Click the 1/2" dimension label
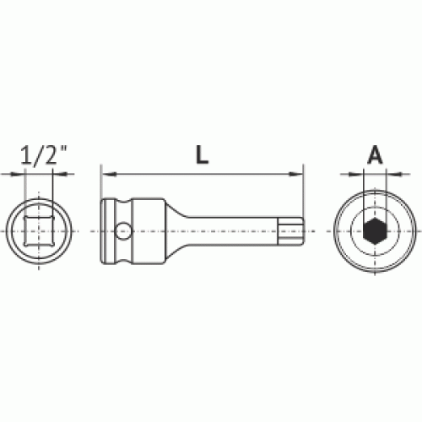click(44, 155)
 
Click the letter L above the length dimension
click(202, 154)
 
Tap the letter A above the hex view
click(375, 154)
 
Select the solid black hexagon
click(375, 231)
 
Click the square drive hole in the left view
click(39, 230)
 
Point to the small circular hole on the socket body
click(123, 231)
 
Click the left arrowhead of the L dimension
click(108, 175)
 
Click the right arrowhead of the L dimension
click(295, 175)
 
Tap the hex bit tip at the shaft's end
click(290, 231)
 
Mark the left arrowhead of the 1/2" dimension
click(18, 175)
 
